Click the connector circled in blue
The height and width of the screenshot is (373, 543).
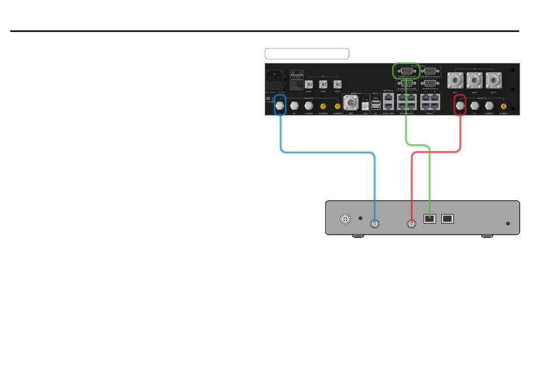(280, 105)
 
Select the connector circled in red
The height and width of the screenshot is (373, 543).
(459, 105)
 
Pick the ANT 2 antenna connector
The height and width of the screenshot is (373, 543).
(474, 80)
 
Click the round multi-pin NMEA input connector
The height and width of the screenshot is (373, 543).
(350, 104)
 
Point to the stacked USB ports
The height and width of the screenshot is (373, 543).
(376, 105)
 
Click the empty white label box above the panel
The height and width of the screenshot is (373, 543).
(307, 54)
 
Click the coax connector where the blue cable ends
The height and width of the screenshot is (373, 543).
(374, 224)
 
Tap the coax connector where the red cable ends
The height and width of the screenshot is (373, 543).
(411, 224)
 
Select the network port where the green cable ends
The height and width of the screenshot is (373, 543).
(429, 218)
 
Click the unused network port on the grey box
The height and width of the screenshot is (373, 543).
(448, 218)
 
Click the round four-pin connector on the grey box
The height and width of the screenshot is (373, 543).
(345, 218)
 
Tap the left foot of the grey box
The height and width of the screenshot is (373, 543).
(357, 236)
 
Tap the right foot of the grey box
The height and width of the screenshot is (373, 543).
(488, 236)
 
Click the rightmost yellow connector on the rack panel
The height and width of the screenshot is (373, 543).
(504, 106)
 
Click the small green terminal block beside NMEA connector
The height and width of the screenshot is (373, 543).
(365, 106)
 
